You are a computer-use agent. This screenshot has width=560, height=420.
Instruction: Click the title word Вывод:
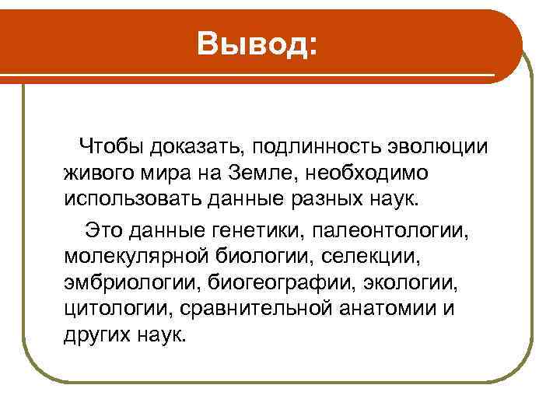click(x=257, y=44)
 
